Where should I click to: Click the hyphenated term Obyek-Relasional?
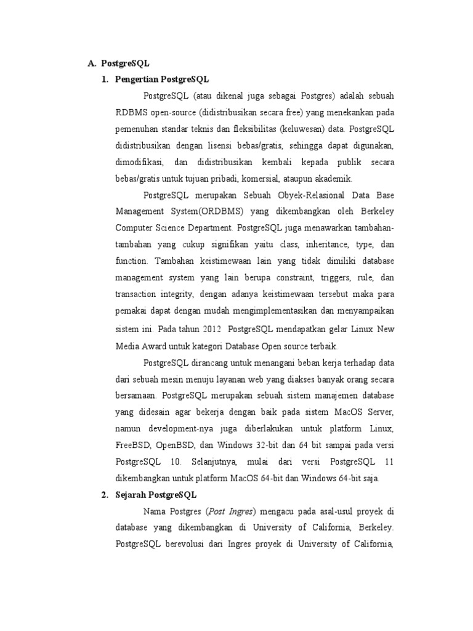coord(287,195)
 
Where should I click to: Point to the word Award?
coord(155,346)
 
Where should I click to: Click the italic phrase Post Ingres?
coord(231,511)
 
